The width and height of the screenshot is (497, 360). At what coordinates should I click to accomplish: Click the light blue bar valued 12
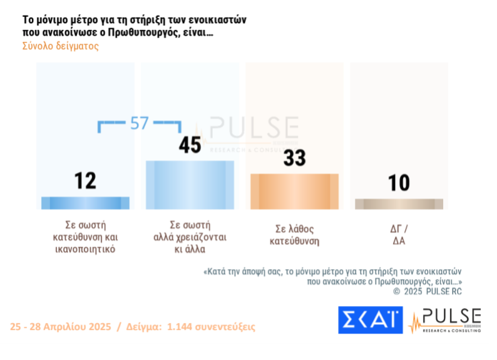(x=85, y=203)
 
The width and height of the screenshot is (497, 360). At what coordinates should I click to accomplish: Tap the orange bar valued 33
(x=294, y=192)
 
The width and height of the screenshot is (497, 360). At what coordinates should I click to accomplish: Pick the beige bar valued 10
(x=399, y=204)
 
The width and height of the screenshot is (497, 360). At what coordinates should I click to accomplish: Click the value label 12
(x=85, y=181)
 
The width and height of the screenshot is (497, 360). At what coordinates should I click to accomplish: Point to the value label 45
(x=190, y=145)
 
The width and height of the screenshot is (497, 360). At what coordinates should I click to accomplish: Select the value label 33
(x=294, y=157)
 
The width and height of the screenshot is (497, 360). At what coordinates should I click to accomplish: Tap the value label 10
(x=399, y=183)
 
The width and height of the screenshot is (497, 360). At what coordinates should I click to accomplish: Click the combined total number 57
(x=139, y=123)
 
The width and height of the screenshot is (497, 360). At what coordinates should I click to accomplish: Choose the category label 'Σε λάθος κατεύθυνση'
(x=294, y=234)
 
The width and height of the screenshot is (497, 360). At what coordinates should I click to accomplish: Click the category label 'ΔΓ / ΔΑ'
(x=399, y=234)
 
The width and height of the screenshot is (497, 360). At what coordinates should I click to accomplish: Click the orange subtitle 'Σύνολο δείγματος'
(x=61, y=46)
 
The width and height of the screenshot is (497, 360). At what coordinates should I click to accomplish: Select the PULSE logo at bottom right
(x=445, y=320)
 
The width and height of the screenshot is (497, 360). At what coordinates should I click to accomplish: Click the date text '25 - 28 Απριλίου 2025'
(x=61, y=327)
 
